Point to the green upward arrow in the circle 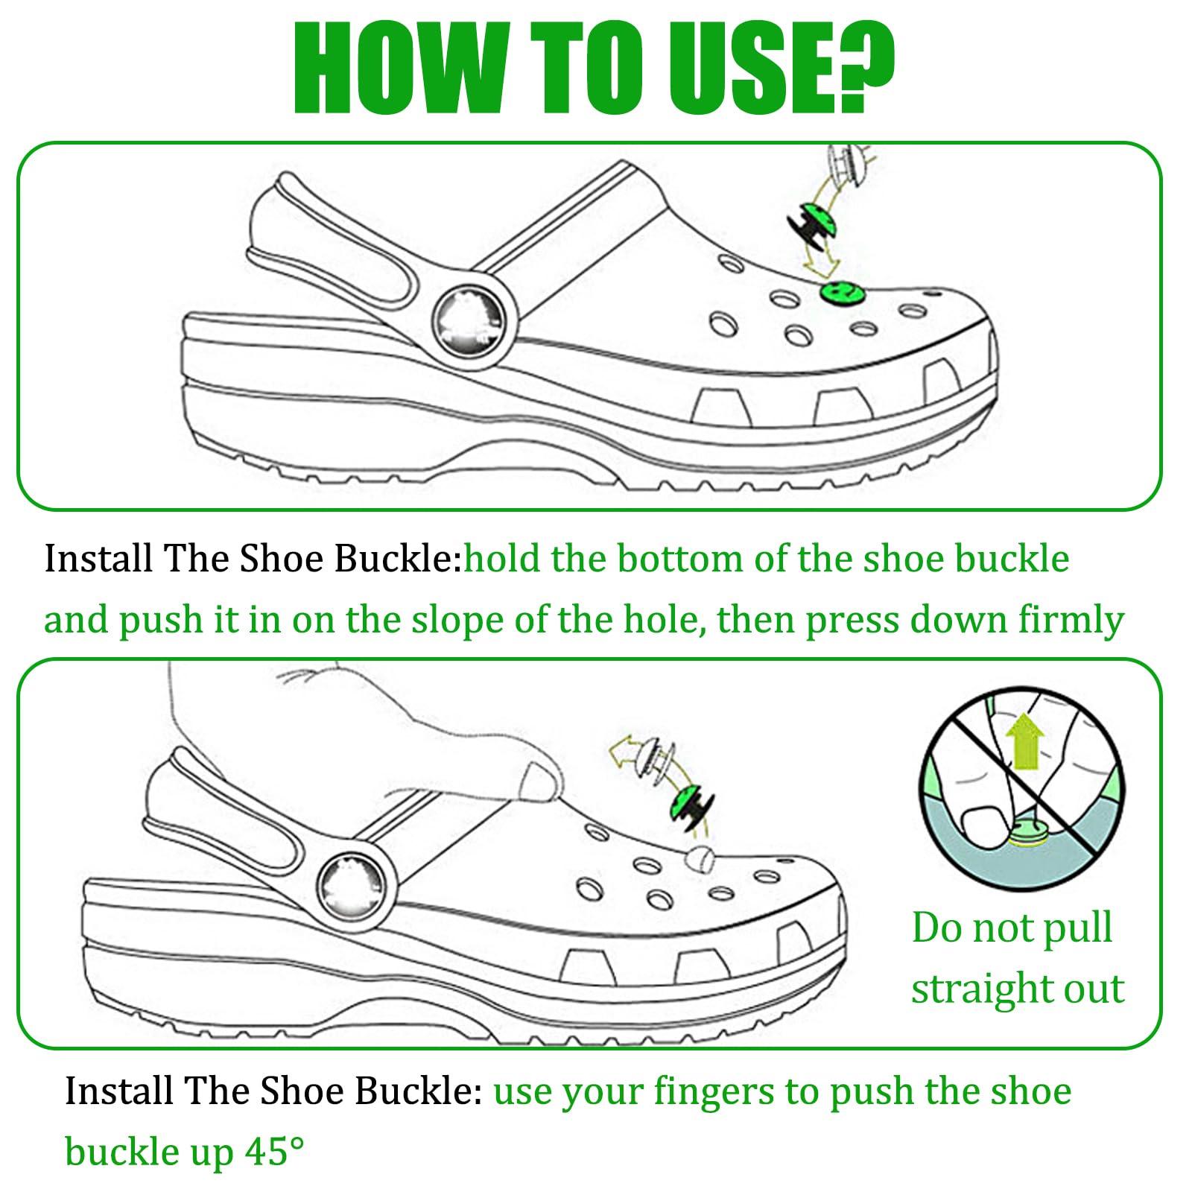(x=1025, y=741)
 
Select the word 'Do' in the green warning (x=936, y=928)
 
